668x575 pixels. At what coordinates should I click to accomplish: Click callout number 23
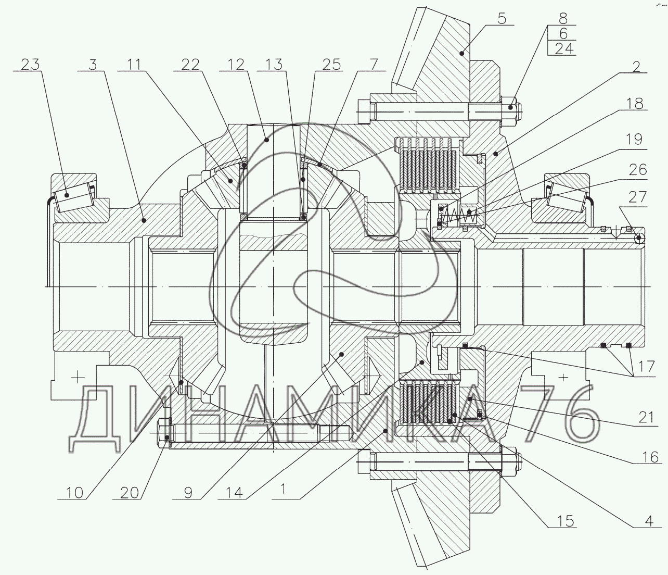pyautogui.click(x=30, y=64)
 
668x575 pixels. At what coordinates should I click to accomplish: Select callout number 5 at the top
pyautogui.click(x=502, y=18)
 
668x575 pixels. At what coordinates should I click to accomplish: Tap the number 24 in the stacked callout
pyautogui.click(x=564, y=48)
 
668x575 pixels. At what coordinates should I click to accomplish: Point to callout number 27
pyautogui.click(x=637, y=197)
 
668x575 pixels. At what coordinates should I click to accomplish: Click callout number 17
pyautogui.click(x=646, y=367)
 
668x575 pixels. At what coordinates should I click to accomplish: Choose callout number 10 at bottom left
pyautogui.click(x=74, y=493)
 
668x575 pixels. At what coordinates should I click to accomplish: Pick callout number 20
pyautogui.click(x=130, y=493)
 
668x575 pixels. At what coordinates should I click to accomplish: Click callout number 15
pyautogui.click(x=565, y=521)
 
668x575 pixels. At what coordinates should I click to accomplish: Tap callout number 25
pyautogui.click(x=331, y=65)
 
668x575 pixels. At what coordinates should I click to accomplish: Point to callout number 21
pyautogui.click(x=647, y=417)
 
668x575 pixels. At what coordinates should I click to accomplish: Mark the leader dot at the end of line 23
pyautogui.click(x=67, y=195)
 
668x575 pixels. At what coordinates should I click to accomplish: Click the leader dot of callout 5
pyautogui.click(x=462, y=53)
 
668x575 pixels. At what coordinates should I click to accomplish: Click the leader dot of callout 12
pyautogui.click(x=266, y=140)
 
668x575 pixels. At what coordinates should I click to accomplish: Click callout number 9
pyautogui.click(x=188, y=493)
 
